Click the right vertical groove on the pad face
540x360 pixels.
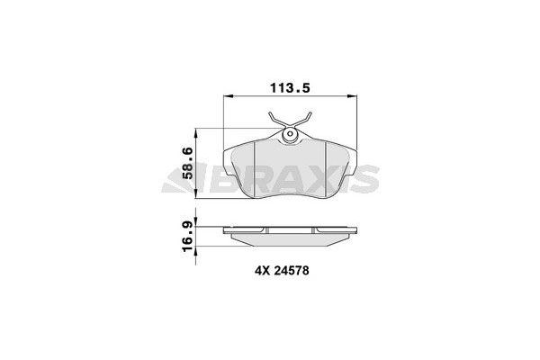pos(325,171)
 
